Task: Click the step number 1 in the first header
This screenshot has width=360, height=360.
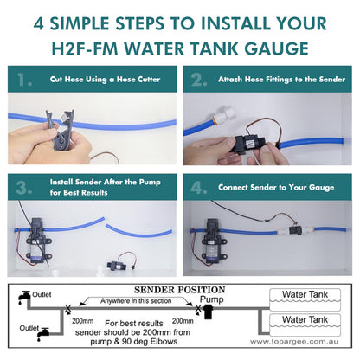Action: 24,80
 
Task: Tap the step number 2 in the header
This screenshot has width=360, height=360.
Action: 199,80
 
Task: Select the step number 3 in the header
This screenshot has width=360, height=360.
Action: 23,188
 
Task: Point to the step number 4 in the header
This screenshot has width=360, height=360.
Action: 199,188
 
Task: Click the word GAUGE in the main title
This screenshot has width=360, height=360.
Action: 276,48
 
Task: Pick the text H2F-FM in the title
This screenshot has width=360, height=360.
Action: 85,48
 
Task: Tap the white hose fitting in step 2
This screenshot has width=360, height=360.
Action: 225,114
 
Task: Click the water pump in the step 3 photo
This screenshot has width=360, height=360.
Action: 37,241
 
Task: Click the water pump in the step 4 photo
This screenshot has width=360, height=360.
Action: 214,241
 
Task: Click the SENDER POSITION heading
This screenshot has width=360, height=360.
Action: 179,290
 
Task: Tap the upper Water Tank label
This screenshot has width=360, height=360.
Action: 305,294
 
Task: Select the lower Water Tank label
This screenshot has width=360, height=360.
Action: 305,319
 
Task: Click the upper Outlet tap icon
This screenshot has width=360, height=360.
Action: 24,297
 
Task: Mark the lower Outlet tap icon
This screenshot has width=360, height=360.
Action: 43,334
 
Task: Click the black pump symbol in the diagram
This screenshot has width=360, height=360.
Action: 208,312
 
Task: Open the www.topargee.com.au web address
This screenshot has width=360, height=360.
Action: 293,342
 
